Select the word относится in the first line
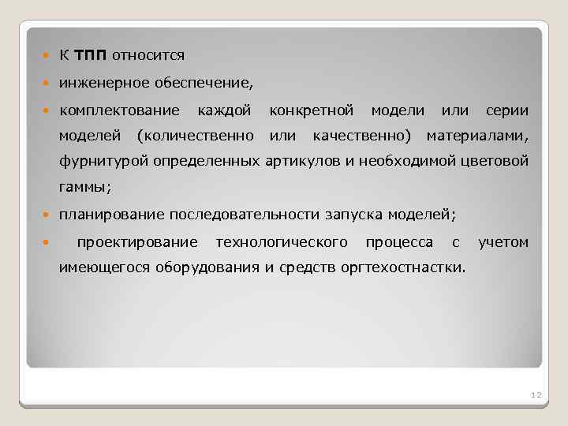point(148,55)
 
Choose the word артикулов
point(307,162)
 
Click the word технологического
point(282,241)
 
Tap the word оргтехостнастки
point(402,267)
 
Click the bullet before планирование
point(47,215)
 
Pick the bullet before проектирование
point(47,242)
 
